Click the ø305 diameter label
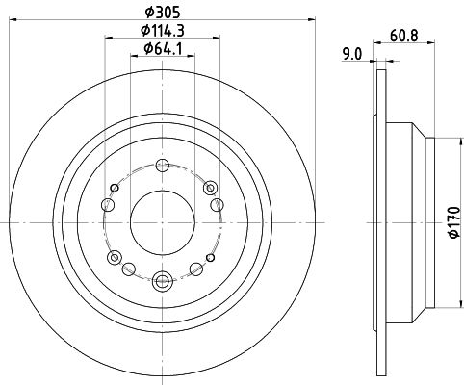pos(163,13)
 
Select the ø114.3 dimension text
pos(163,31)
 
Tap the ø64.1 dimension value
pos(163,49)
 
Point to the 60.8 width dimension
pos(404,36)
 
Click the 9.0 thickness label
pos(352,54)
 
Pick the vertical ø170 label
pos(454,222)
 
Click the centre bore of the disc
pos(163,222)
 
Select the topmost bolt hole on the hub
pos(163,166)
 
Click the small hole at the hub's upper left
pos(115,188)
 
